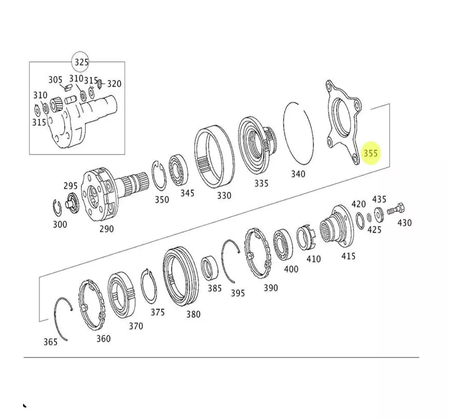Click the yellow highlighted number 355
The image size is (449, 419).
click(x=371, y=153)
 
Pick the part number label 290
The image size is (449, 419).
click(x=107, y=229)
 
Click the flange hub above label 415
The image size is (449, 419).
click(x=337, y=225)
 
